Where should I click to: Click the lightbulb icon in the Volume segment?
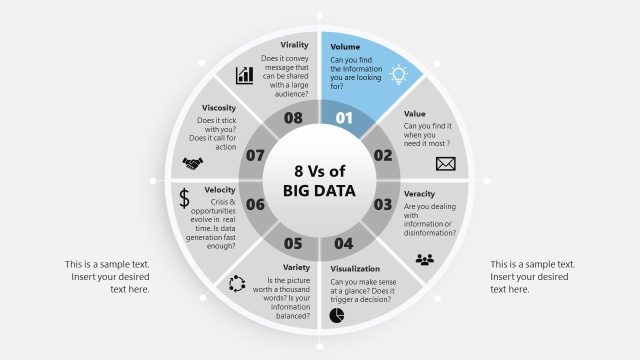(400, 73)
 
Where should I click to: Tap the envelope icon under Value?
(445, 165)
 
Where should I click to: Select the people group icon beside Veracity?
(426, 260)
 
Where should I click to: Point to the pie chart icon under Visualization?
(338, 315)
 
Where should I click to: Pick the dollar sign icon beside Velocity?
(184, 198)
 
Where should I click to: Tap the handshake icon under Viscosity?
(192, 162)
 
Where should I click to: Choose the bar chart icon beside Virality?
(244, 75)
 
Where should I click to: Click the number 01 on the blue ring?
(344, 118)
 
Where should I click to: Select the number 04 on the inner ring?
(343, 243)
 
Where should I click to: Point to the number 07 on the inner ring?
(254, 155)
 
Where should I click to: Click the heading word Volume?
(345, 46)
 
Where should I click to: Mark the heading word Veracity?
(420, 193)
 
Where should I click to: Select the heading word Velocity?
(220, 190)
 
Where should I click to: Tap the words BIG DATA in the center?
(319, 188)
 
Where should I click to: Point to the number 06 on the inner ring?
(254, 204)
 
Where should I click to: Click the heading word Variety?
(295, 268)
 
